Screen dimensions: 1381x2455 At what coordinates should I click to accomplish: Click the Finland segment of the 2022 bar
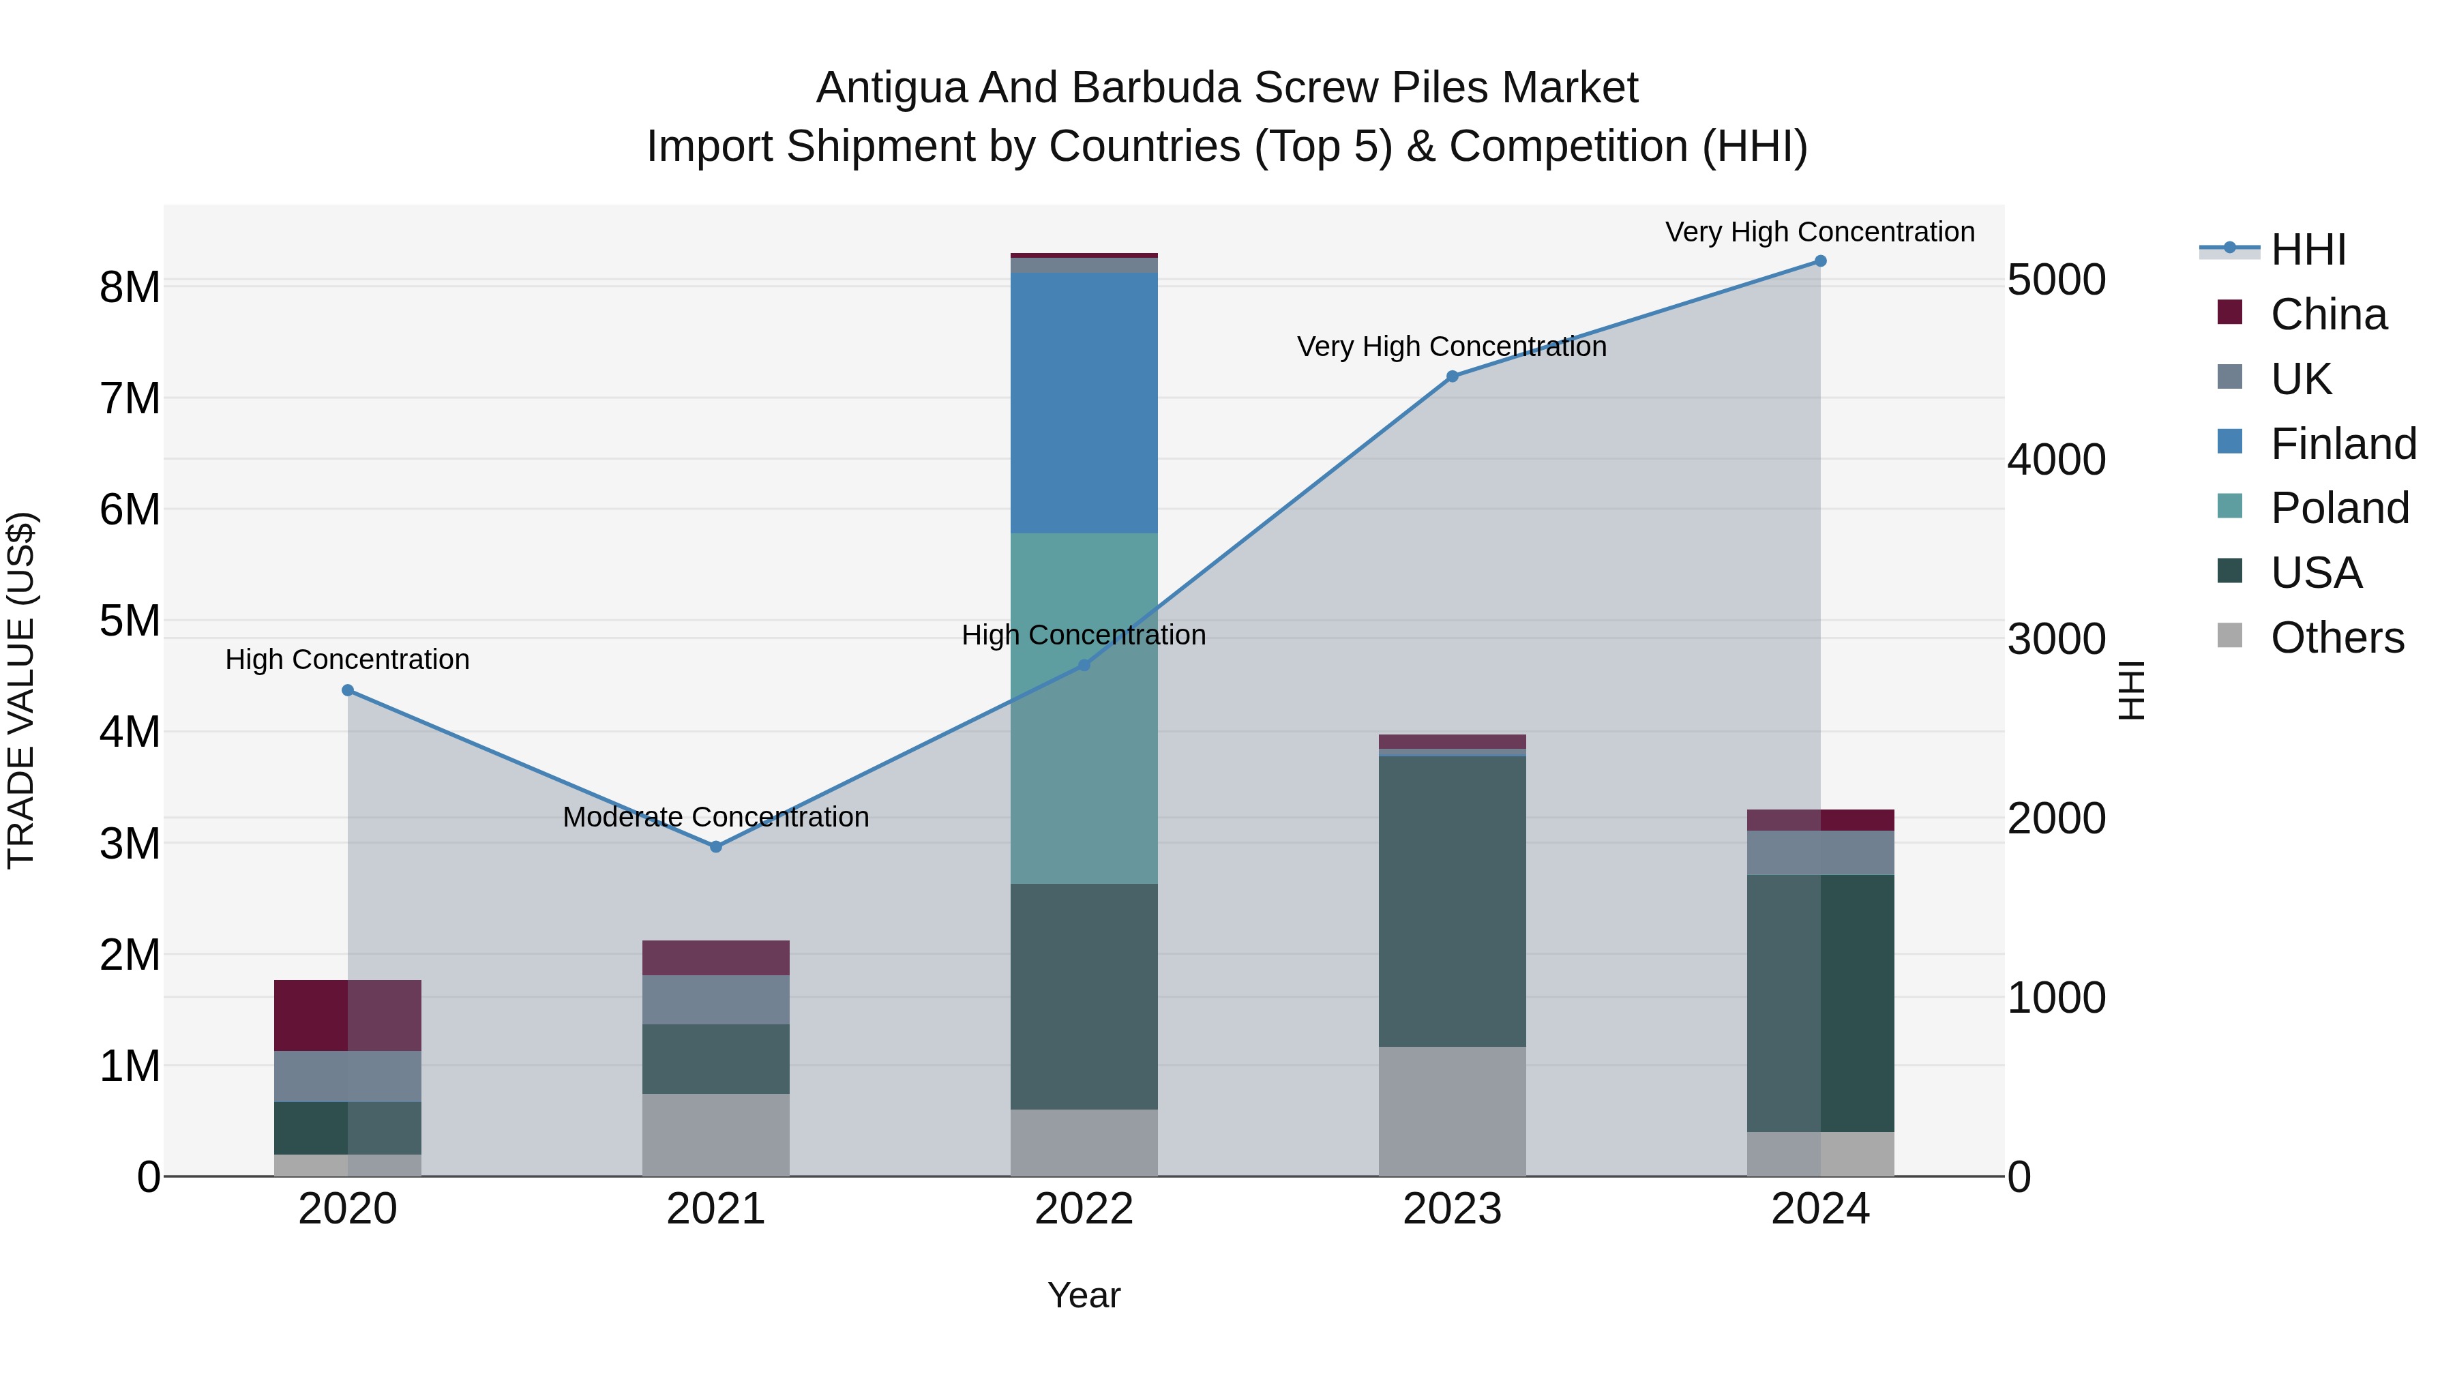(1084, 402)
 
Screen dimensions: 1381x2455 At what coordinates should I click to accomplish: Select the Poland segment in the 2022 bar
(1084, 707)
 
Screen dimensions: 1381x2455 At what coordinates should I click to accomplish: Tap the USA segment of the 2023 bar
(1451, 901)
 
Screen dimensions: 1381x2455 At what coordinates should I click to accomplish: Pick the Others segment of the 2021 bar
(716, 1134)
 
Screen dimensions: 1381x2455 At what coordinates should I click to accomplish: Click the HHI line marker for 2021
(716, 846)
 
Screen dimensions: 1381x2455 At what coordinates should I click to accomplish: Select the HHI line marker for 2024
(1819, 261)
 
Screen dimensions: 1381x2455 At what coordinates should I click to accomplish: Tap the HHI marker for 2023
(1451, 376)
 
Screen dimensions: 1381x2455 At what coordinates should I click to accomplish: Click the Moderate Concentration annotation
(716, 817)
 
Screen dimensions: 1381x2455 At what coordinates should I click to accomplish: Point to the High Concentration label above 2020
(347, 659)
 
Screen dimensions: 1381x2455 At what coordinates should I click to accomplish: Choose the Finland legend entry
(2342, 444)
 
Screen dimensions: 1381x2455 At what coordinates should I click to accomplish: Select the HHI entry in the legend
(2306, 250)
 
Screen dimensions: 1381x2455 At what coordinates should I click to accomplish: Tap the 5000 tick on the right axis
(2055, 280)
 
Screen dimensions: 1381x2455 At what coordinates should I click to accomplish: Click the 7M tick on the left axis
(130, 398)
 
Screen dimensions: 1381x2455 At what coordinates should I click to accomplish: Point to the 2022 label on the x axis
(1084, 1209)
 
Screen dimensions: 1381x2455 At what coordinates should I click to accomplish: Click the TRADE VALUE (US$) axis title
(22, 690)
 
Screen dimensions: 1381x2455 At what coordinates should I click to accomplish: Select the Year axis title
(1084, 1295)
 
